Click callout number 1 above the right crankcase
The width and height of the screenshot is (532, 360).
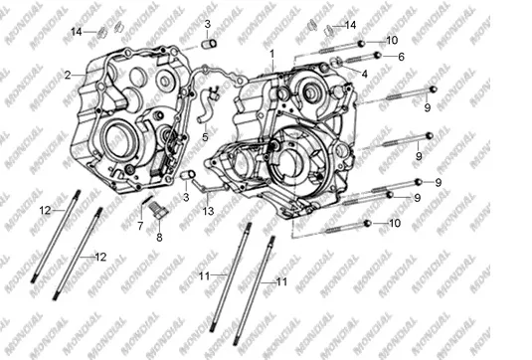(271, 54)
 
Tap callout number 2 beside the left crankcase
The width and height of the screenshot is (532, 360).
(68, 75)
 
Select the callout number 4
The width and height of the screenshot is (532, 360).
(364, 74)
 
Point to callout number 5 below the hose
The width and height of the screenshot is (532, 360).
(205, 137)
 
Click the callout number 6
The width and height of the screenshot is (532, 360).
(402, 57)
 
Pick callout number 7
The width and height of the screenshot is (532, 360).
(140, 226)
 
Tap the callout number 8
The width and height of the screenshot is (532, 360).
(159, 238)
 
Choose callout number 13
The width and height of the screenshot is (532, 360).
(208, 211)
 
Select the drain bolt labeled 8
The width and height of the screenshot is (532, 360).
(158, 209)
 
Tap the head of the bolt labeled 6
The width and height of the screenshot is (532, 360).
(377, 55)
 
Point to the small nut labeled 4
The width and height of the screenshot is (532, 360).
(336, 62)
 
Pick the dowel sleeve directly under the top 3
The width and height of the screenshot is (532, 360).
(208, 44)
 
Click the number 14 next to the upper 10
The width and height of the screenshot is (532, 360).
(350, 25)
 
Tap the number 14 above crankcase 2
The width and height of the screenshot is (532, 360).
(77, 32)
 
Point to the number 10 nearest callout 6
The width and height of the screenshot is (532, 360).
(392, 41)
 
